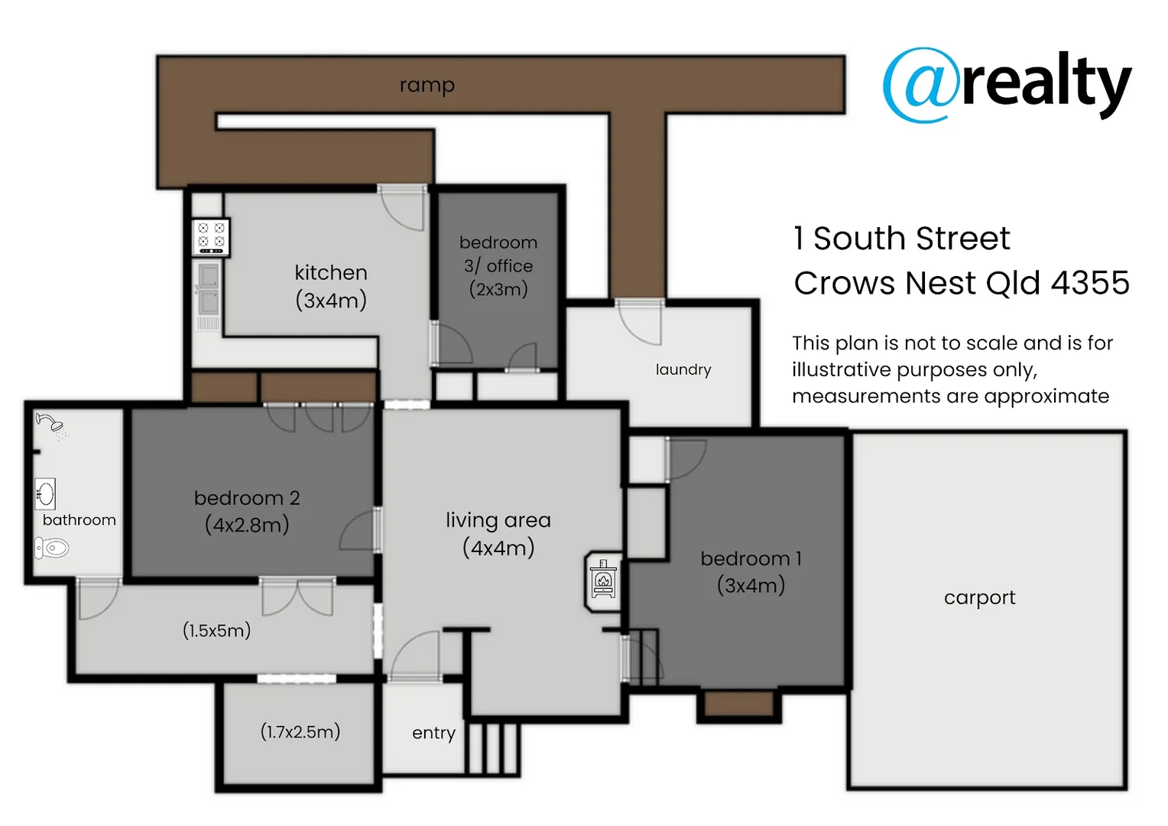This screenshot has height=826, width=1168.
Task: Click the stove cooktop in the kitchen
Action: pyautogui.click(x=211, y=236)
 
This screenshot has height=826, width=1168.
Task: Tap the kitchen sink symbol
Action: pyautogui.click(x=208, y=289)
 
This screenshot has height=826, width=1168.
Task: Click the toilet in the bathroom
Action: pyautogui.click(x=51, y=548)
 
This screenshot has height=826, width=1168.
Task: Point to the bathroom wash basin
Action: pyautogui.click(x=45, y=493)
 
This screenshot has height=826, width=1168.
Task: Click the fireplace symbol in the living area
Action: pyautogui.click(x=603, y=581)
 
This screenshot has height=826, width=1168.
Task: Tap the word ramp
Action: pyautogui.click(x=427, y=85)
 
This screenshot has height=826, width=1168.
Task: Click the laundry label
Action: pyautogui.click(x=683, y=370)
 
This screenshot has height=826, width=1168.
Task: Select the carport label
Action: pyautogui.click(x=979, y=597)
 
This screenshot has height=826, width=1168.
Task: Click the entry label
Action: pyautogui.click(x=433, y=733)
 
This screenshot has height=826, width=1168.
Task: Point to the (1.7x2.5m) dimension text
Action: pyautogui.click(x=300, y=732)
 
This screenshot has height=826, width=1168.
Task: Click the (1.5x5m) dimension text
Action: pyautogui.click(x=217, y=631)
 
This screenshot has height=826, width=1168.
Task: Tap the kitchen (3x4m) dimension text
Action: pyautogui.click(x=331, y=301)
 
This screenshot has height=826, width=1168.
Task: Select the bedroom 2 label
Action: pyautogui.click(x=247, y=498)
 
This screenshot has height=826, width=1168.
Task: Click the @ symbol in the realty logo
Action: pyautogui.click(x=920, y=85)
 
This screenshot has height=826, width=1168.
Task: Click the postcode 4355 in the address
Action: pyautogui.click(x=1090, y=283)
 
